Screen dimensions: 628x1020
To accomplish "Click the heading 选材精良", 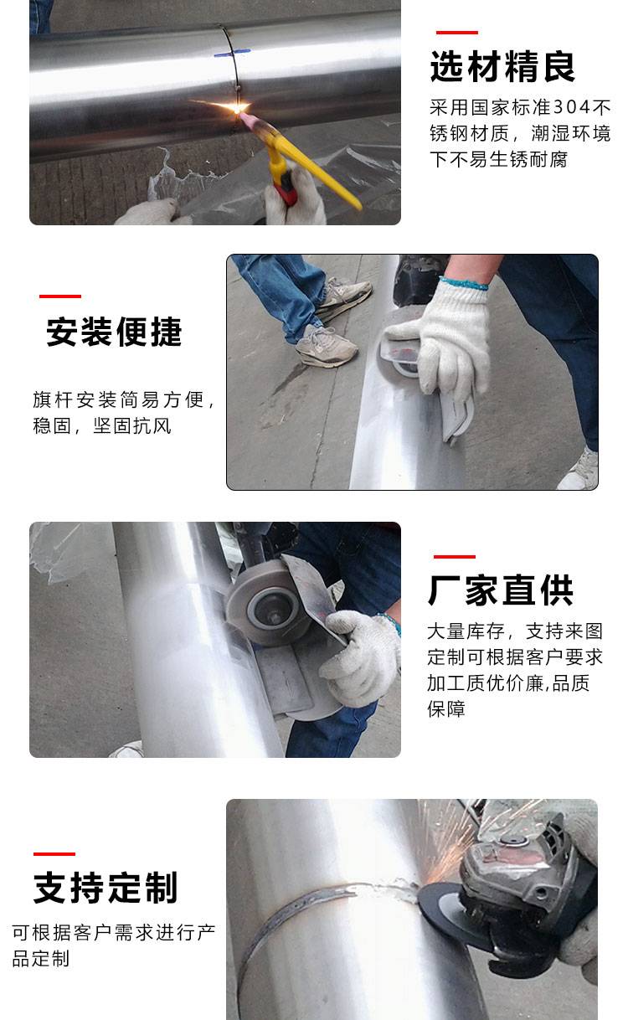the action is (502, 66).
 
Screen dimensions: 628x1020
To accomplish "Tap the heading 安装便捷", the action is (114, 332).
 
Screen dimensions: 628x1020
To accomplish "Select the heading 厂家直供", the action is (501, 590).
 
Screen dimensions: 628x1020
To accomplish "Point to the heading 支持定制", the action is (106, 888).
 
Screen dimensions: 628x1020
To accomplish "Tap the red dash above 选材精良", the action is (457, 33).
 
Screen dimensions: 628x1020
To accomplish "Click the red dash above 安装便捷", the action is (60, 296).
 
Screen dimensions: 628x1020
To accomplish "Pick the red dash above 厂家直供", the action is (455, 556).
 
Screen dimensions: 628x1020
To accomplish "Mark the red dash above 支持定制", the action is (54, 854).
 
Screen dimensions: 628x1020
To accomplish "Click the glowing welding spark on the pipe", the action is (236, 108).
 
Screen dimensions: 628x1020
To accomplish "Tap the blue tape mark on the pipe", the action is (232, 54).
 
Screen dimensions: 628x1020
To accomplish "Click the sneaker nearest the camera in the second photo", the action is (327, 347).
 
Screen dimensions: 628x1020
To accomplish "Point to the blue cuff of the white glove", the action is (464, 283).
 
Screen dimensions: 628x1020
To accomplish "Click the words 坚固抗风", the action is (132, 426).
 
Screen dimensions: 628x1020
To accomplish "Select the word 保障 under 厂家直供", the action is (445, 709).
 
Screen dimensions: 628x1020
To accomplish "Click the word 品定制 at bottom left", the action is (41, 959).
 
